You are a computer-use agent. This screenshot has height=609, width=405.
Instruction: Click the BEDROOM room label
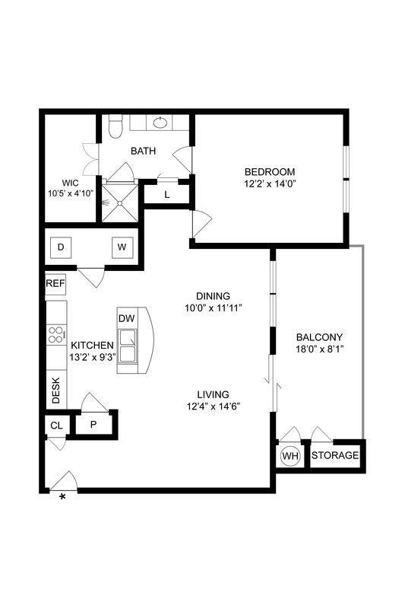pos(270,171)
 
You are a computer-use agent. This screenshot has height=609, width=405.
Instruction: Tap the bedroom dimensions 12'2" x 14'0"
pos(270,183)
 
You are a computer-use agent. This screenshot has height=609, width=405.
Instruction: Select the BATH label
pos(143,151)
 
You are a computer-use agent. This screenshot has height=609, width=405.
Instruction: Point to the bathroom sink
pos(161,122)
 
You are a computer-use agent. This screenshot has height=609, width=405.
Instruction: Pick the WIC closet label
pos(71,183)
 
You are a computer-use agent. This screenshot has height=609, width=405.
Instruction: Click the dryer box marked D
pos(61,247)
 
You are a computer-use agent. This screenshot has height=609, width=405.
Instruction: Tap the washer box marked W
pos(120,247)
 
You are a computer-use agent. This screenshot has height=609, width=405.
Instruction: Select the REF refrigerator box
pos(55,283)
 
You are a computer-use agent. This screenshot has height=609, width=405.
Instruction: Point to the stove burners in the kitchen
pos(55,335)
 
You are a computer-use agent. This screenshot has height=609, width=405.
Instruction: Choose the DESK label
pos(55,391)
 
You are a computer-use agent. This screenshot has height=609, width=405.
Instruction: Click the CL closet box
pos(55,426)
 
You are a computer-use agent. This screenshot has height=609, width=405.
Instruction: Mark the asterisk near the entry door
pos(62,497)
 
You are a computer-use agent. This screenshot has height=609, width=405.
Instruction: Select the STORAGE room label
pos(334,456)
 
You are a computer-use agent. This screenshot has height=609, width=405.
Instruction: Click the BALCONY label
pos(319,337)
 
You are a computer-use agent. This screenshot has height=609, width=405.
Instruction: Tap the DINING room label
pos(213,295)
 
